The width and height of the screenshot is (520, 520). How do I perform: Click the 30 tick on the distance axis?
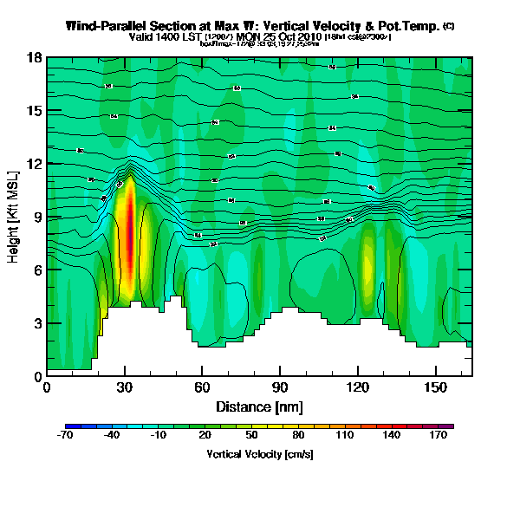125,387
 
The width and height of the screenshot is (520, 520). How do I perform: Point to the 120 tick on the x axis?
358,387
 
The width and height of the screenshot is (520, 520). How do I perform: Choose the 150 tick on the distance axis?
436,387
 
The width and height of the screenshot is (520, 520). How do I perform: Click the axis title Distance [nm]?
259,406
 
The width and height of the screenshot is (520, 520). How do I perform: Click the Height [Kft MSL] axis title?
15,217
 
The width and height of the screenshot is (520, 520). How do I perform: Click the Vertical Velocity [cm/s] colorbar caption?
259,453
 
